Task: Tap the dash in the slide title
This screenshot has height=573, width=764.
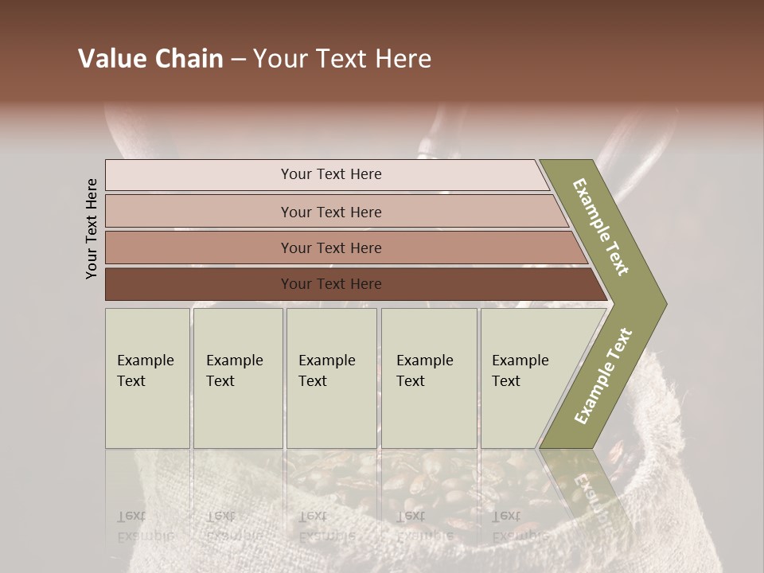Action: (x=238, y=60)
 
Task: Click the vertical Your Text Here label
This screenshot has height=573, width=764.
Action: (x=92, y=229)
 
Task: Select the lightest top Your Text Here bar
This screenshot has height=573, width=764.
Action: (x=330, y=174)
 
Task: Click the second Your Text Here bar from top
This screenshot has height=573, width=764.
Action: (x=330, y=212)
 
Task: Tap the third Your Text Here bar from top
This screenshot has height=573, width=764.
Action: (x=330, y=248)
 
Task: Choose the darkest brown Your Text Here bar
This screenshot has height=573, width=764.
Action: (x=330, y=284)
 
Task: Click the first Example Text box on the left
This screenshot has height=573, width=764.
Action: (x=147, y=377)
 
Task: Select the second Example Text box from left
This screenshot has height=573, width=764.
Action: (x=237, y=377)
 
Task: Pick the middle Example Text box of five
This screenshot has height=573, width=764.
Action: (x=331, y=377)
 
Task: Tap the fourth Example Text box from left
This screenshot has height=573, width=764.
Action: (x=428, y=377)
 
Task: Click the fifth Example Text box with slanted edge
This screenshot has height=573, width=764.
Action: (x=525, y=377)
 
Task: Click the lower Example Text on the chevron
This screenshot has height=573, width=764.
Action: (x=603, y=376)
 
